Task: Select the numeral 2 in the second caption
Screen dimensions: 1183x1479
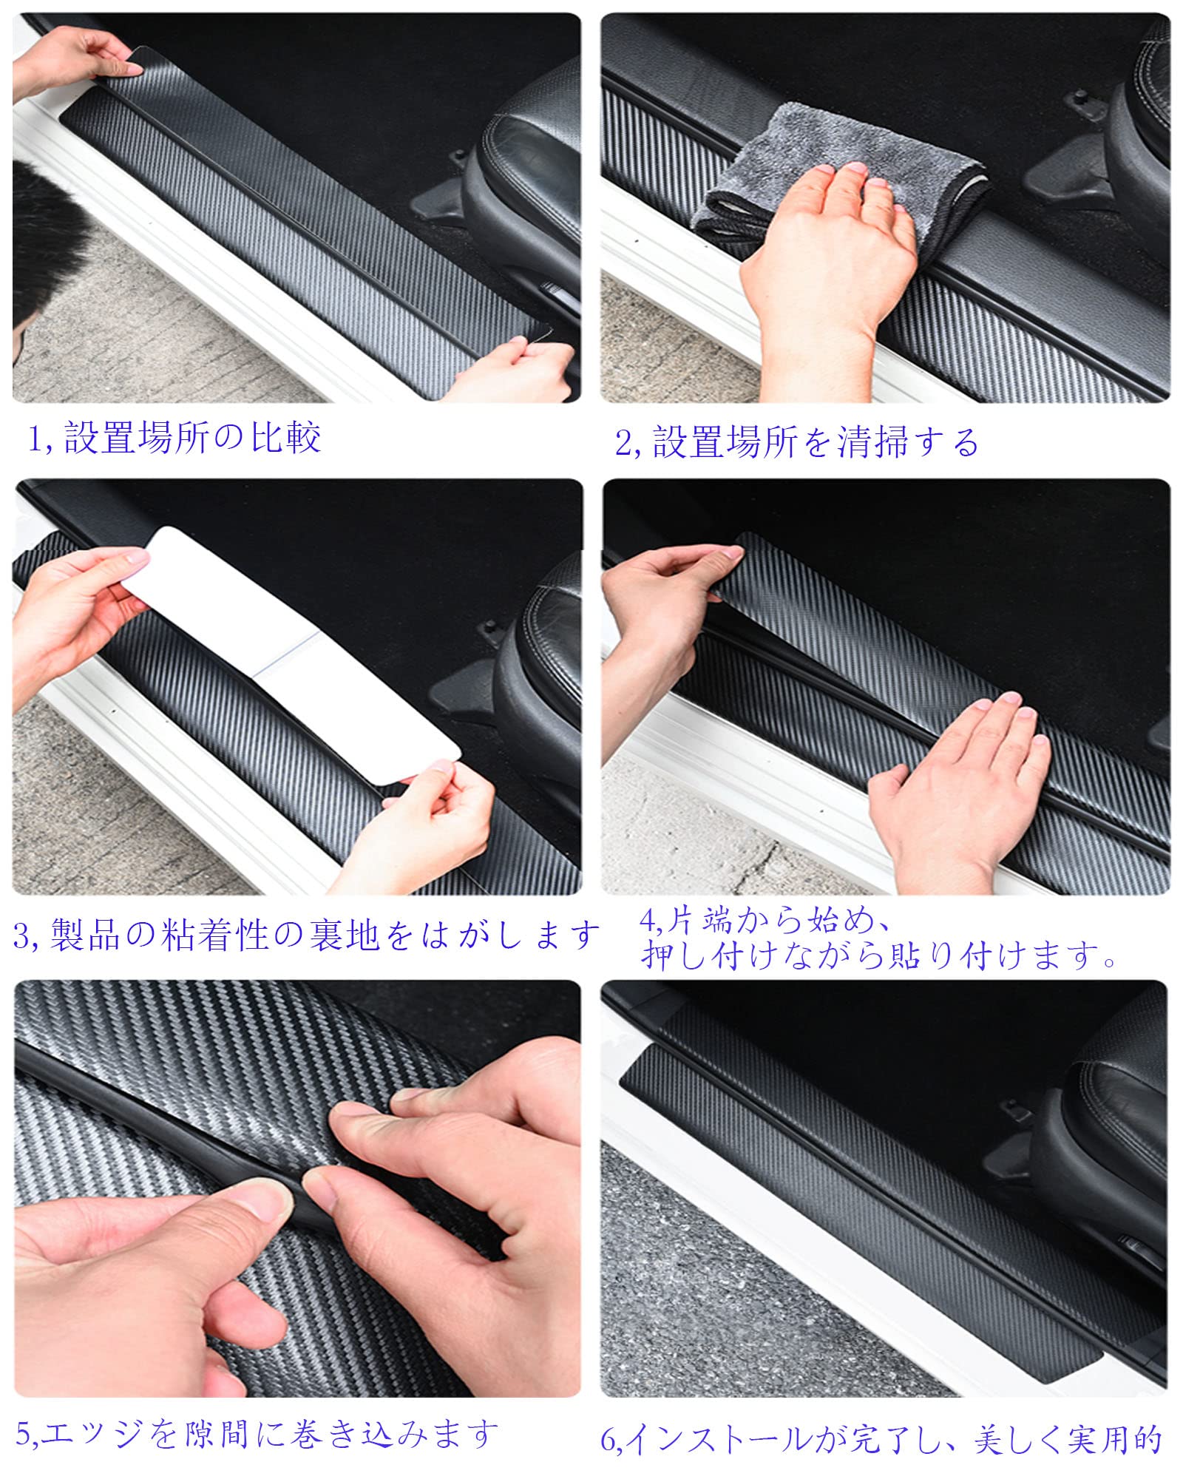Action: click(x=623, y=443)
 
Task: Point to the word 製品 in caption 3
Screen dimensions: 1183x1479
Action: click(x=85, y=935)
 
